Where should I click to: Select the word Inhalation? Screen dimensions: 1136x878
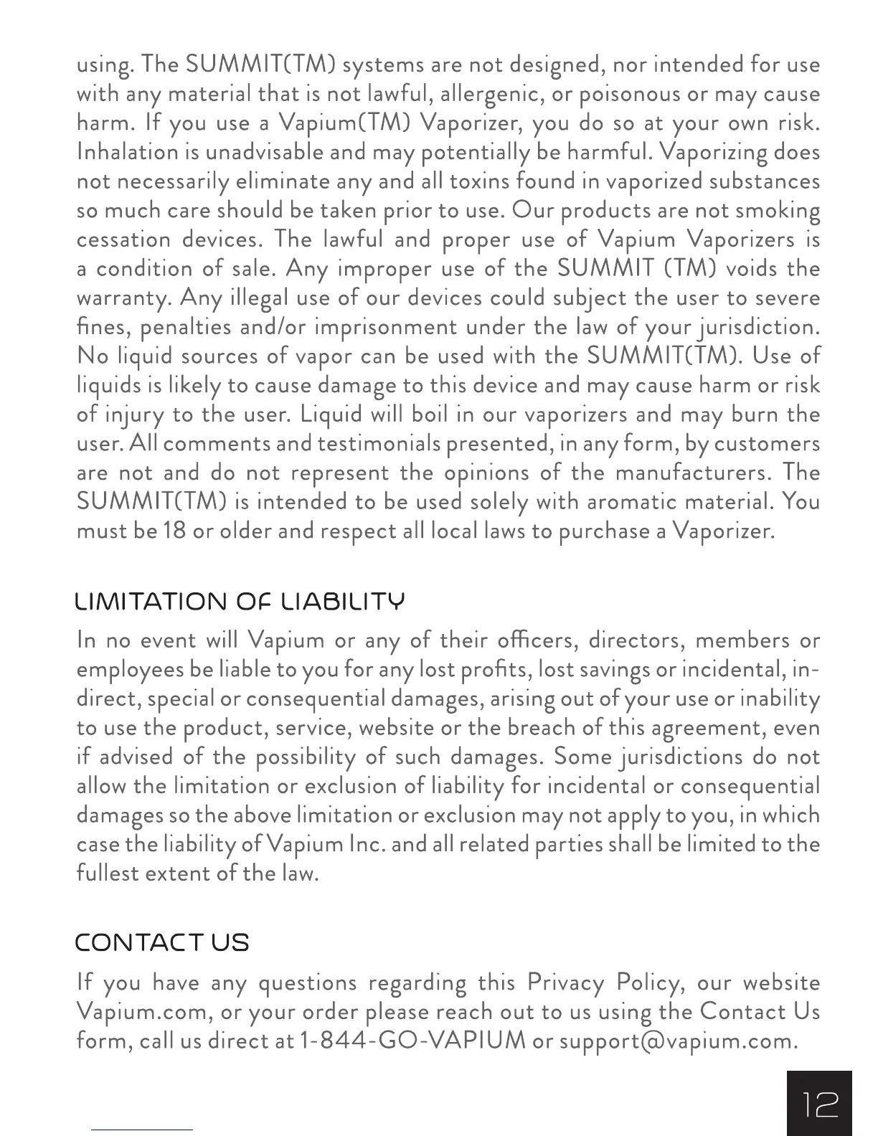[x=127, y=153]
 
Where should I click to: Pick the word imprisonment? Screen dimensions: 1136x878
[x=385, y=327]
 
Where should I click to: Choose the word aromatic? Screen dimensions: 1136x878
[x=628, y=501]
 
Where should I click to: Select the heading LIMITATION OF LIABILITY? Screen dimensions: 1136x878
[x=240, y=601]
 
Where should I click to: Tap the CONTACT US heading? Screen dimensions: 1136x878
[x=162, y=942]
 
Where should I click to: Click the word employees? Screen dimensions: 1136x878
[x=130, y=670]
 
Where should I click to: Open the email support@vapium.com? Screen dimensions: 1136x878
[x=678, y=1041]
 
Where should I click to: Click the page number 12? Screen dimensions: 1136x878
[x=818, y=1104]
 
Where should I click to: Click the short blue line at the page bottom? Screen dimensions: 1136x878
[x=142, y=1130]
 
